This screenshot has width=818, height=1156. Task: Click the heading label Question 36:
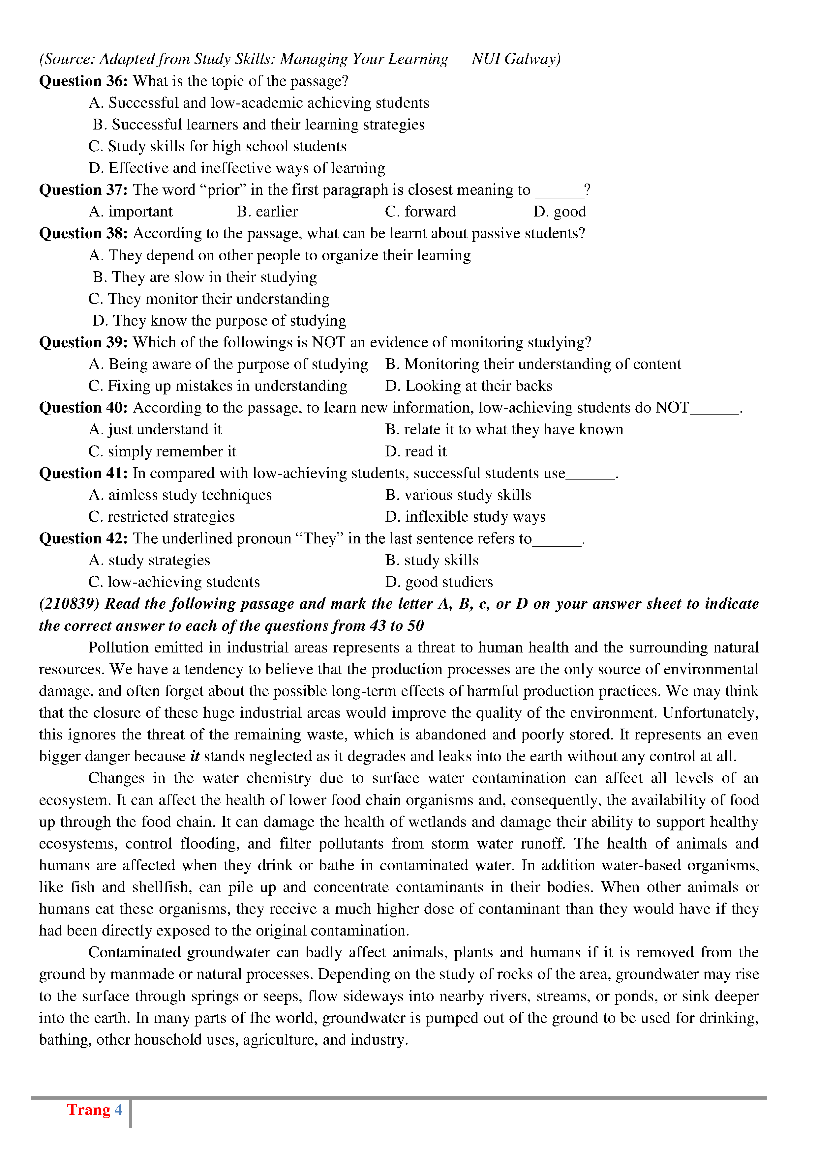(x=84, y=81)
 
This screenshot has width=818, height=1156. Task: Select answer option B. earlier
(x=267, y=212)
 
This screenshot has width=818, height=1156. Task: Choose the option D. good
(x=559, y=212)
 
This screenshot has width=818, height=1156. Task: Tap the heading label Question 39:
(x=84, y=342)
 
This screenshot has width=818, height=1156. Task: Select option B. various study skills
(x=458, y=495)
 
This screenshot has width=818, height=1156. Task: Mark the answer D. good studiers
(x=439, y=582)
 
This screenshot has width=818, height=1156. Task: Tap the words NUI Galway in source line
(x=514, y=59)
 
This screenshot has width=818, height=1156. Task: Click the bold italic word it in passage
(x=195, y=756)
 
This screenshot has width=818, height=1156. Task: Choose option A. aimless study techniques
(x=180, y=495)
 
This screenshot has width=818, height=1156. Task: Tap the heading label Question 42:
(x=84, y=539)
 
